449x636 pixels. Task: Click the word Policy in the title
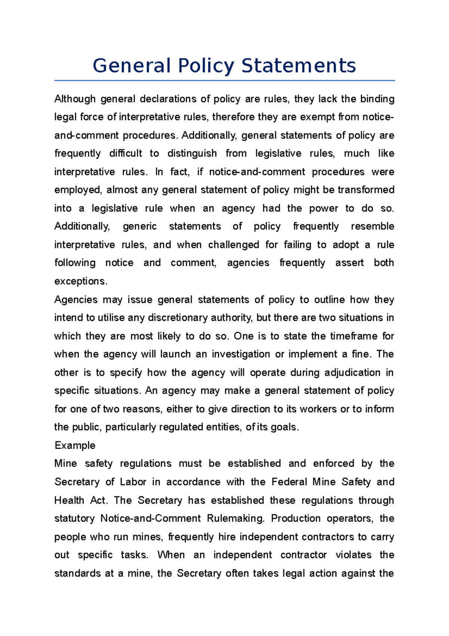tap(206, 66)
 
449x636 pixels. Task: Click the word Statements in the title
tap(298, 66)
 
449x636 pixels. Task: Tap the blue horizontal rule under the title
tap(224, 81)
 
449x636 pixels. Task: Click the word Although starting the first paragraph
tap(75, 99)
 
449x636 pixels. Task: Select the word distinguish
tap(192, 154)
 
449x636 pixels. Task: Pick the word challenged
tap(233, 245)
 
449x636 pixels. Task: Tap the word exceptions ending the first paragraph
tap(80, 281)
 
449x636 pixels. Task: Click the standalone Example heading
tap(75, 445)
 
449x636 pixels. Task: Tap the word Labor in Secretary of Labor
tap(133, 482)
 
